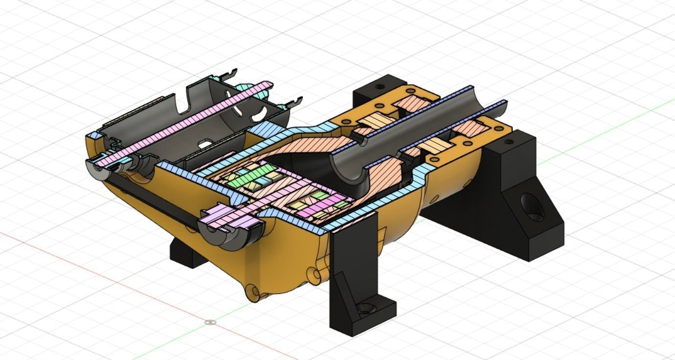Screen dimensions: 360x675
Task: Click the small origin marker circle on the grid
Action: tap(210, 322)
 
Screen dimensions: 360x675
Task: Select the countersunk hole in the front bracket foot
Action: tap(365, 308)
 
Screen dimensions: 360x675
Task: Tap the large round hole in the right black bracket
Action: tap(532, 207)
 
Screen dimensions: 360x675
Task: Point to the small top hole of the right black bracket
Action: tap(509, 142)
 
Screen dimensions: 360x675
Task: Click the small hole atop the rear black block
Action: tap(379, 87)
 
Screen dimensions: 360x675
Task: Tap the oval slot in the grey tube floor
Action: tap(206, 144)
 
